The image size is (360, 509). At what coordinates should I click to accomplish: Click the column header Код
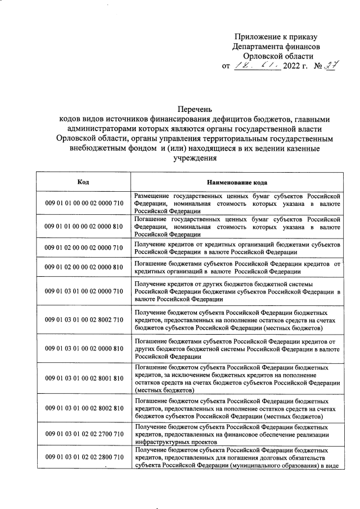click(x=83, y=182)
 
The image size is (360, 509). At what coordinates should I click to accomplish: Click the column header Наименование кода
click(x=237, y=182)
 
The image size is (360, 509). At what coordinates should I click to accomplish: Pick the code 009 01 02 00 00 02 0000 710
click(x=83, y=247)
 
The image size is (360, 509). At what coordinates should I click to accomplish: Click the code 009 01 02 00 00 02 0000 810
click(x=83, y=267)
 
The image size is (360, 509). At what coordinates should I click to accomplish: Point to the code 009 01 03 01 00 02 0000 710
click(x=83, y=291)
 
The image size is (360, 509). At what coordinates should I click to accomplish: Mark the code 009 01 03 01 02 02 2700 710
click(x=83, y=435)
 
